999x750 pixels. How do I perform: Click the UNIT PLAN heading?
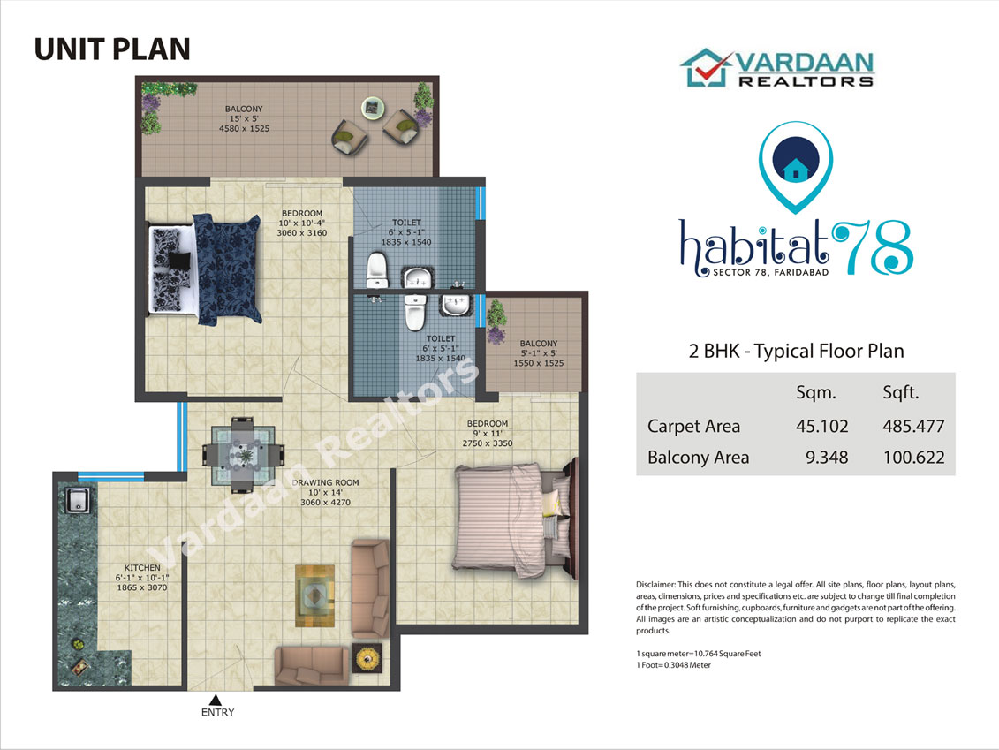pyautogui.click(x=112, y=49)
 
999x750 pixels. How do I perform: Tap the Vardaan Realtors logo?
pyautogui.click(x=777, y=68)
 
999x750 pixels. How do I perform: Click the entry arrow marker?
pyautogui.click(x=216, y=700)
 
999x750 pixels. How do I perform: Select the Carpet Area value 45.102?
pyautogui.click(x=821, y=427)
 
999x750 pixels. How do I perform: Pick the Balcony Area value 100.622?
pyautogui.click(x=913, y=458)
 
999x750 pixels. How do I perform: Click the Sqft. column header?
pyautogui.click(x=901, y=393)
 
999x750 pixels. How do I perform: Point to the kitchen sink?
pyautogui.click(x=78, y=500)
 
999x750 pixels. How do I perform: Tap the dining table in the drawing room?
pyautogui.click(x=243, y=455)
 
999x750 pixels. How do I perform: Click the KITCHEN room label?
pyautogui.click(x=142, y=568)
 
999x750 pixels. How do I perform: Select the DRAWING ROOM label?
pyautogui.click(x=326, y=483)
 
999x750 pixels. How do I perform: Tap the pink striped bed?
pyautogui.click(x=515, y=519)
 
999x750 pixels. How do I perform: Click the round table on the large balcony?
pyautogui.click(x=373, y=108)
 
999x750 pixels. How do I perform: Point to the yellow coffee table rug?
pyautogui.click(x=314, y=595)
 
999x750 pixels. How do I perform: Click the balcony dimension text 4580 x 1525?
pyautogui.click(x=244, y=129)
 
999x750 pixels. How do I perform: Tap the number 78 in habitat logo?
pyautogui.click(x=872, y=248)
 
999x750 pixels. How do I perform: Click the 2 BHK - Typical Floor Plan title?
pyautogui.click(x=797, y=351)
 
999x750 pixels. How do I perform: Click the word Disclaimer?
pyautogui.click(x=655, y=584)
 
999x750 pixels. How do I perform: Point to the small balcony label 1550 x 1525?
pyautogui.click(x=538, y=363)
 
